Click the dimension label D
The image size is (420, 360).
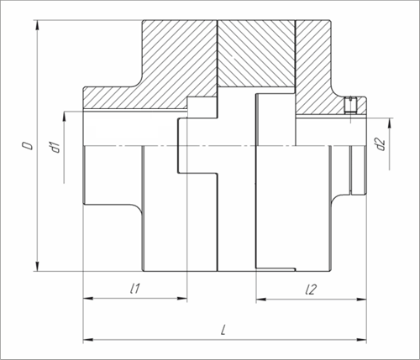(x=28, y=146)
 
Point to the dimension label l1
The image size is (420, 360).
(x=135, y=289)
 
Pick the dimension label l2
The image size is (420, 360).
(x=311, y=290)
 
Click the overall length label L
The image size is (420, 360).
(x=223, y=330)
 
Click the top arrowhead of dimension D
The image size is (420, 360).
(x=37, y=25)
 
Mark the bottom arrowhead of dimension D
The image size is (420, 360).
(x=37, y=266)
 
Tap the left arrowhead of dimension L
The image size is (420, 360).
(x=88, y=340)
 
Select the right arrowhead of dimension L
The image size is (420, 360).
(x=361, y=340)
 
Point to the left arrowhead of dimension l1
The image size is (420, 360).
(x=88, y=299)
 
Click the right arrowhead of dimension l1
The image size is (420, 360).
(x=182, y=299)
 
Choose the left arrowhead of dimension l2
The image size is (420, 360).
(x=261, y=300)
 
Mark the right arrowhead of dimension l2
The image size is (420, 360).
(x=361, y=300)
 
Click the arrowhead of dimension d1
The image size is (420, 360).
(x=64, y=117)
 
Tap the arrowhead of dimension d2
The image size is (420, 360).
(x=390, y=123)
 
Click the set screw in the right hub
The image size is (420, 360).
(x=350, y=105)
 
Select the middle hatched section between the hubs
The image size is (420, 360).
(x=256, y=54)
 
